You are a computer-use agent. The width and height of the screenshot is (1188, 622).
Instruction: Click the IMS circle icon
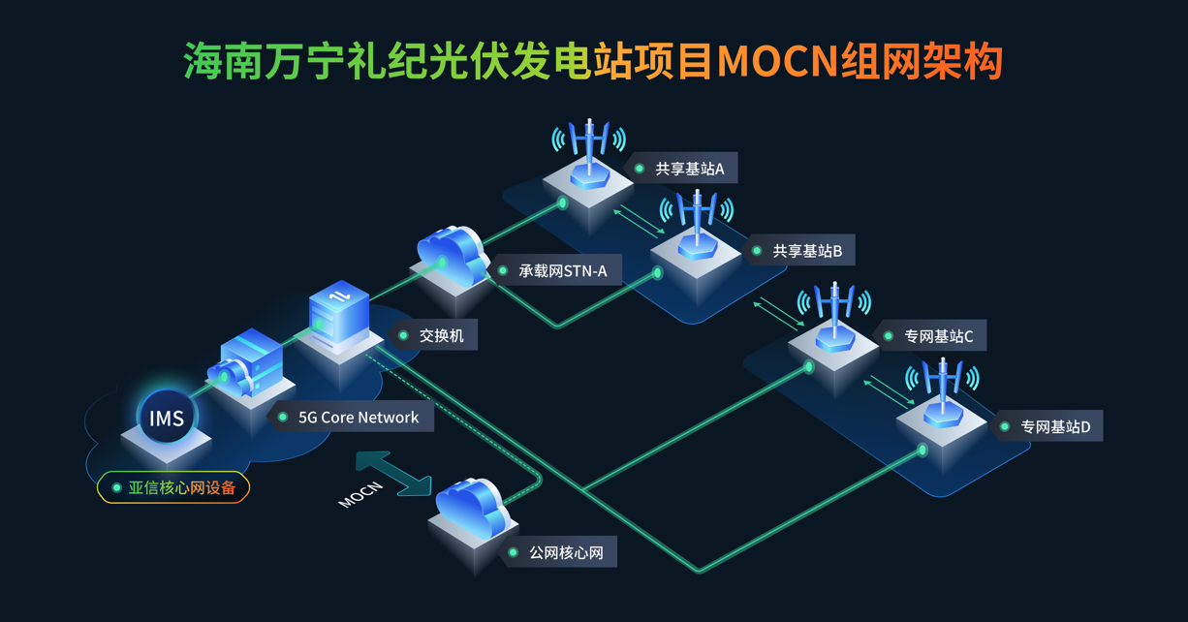click(x=167, y=419)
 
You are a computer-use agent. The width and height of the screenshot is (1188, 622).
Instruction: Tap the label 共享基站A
click(x=689, y=169)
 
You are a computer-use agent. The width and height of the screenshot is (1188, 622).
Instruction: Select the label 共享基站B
click(x=806, y=252)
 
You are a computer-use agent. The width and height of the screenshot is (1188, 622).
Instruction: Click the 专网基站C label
click(x=938, y=336)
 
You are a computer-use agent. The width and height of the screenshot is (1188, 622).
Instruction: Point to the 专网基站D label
click(x=1054, y=426)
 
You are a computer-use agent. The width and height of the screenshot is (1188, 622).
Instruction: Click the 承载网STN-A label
click(x=562, y=271)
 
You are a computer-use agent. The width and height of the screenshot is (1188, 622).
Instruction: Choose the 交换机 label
click(x=441, y=336)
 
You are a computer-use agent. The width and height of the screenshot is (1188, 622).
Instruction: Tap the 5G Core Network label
click(x=358, y=418)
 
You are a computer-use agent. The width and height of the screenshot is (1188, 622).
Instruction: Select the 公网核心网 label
click(x=566, y=553)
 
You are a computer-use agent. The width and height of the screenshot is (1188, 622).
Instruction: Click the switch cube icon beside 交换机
click(x=338, y=314)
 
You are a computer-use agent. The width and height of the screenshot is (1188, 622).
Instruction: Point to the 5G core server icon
click(x=248, y=365)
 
